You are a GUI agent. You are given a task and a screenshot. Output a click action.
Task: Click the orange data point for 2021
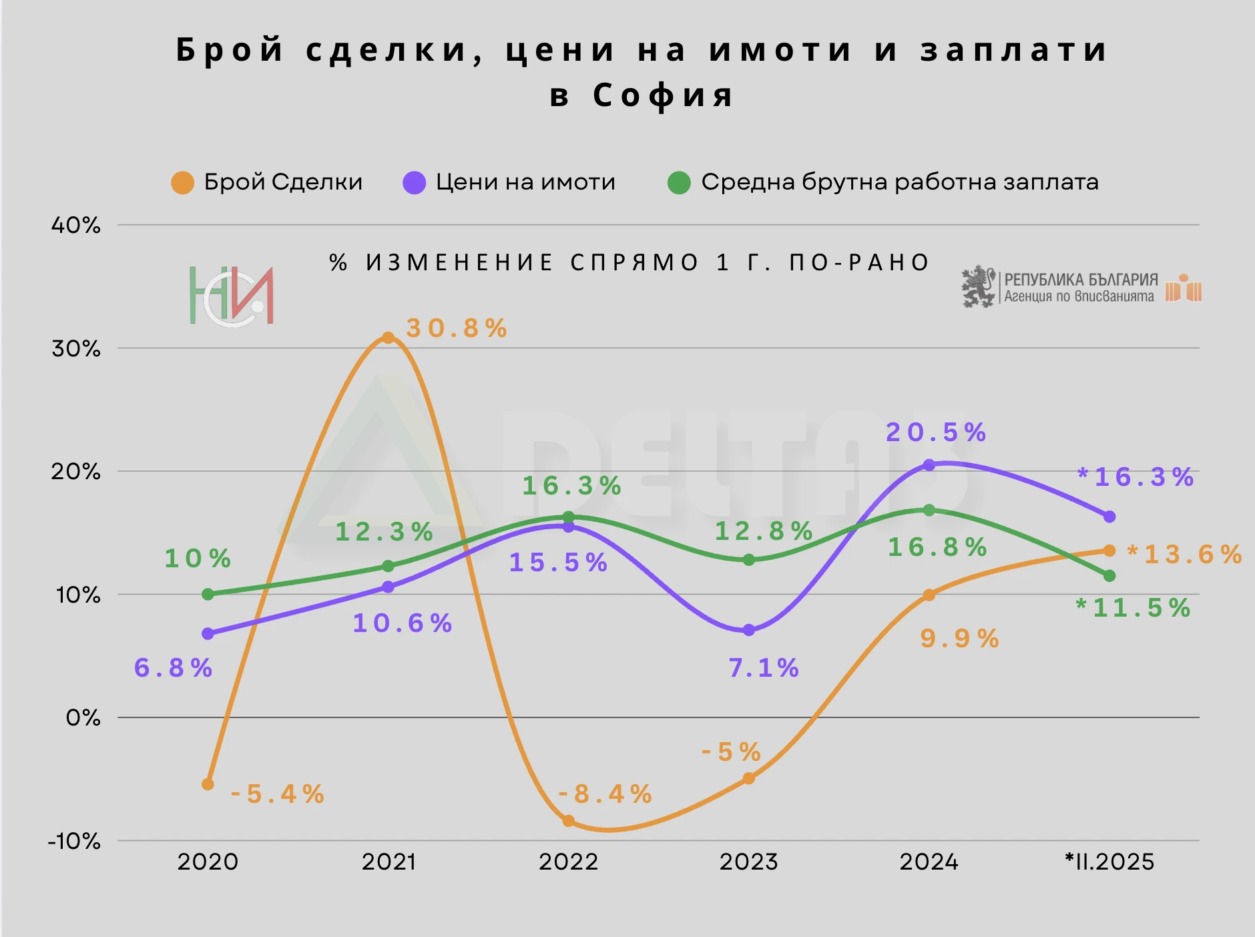point(388,338)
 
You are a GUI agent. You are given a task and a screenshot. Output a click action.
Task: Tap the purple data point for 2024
point(929,465)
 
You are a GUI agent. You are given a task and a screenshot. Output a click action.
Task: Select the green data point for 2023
point(749,560)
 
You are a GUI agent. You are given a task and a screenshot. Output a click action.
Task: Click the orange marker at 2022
point(568,821)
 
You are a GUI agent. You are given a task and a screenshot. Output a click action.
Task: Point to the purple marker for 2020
point(208,633)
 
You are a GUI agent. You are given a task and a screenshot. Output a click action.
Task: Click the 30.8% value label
point(457,328)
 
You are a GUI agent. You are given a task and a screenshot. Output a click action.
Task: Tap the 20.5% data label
point(936,432)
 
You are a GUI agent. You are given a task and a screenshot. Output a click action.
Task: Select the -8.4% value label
point(605,794)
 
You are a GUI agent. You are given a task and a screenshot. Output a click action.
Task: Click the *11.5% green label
point(1134,608)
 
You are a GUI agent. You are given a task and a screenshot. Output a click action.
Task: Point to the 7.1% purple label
point(764,667)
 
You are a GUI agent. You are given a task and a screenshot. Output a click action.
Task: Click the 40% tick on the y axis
point(76,226)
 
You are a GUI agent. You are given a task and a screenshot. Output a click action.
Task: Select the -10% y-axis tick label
point(74,841)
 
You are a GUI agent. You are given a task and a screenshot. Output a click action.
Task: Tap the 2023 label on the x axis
point(749,862)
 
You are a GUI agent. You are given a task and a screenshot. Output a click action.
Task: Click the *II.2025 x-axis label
point(1109,862)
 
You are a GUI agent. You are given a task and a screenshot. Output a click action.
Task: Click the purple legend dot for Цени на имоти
point(415,183)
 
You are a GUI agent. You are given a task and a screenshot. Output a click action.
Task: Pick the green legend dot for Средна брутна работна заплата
point(679,183)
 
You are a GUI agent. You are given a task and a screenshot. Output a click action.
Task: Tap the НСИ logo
point(231,296)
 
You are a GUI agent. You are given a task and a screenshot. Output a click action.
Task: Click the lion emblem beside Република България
point(978,287)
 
